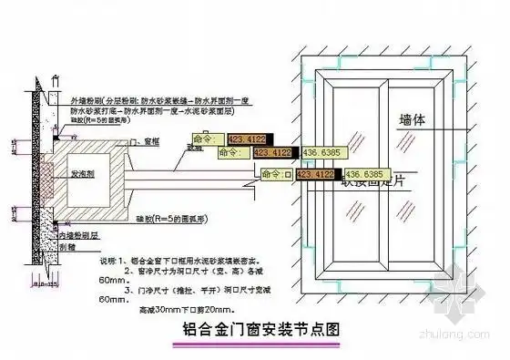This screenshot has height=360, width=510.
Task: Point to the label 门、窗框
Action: tap(148, 133)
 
